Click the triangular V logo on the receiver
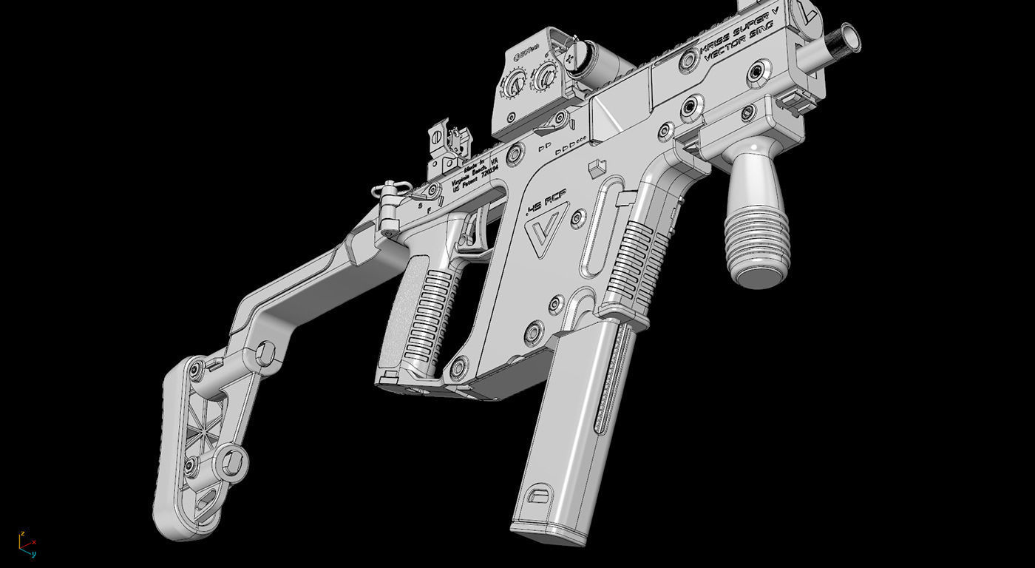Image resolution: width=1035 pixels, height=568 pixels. click(x=545, y=230)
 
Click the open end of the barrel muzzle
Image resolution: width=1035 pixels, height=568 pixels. click(x=848, y=37)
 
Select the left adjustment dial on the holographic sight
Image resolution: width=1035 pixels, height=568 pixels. click(x=515, y=84)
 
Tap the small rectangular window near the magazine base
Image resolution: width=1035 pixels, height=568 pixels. click(x=539, y=493)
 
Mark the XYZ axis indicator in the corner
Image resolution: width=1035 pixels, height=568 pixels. click(x=27, y=544)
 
